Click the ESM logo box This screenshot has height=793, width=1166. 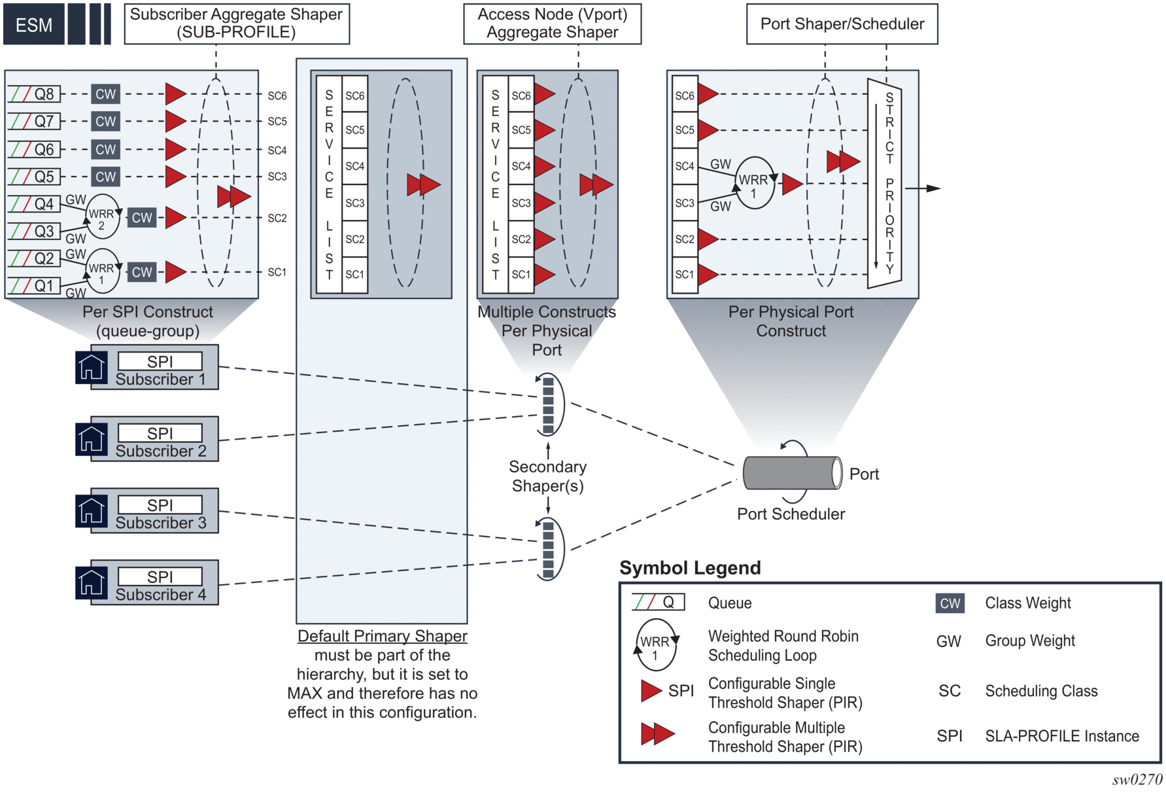(34, 25)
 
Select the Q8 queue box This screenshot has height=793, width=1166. (35, 94)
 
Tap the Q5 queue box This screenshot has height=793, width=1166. (35, 177)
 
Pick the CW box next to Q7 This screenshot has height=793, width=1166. (105, 121)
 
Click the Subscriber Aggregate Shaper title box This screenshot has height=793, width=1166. (237, 24)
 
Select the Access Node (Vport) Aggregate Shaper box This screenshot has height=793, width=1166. (552, 24)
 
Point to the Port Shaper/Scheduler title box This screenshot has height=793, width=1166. (842, 24)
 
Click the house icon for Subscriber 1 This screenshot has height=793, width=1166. (91, 367)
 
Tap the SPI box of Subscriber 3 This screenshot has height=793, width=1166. (160, 505)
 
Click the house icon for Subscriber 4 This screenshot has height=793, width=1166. (91, 582)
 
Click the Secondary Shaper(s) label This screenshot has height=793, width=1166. (547, 476)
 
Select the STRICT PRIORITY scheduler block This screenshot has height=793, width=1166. (885, 183)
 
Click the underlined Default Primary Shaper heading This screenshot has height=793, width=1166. (382, 636)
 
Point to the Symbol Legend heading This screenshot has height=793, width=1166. (690, 568)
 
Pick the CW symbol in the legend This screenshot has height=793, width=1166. (950, 603)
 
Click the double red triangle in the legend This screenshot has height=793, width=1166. (657, 734)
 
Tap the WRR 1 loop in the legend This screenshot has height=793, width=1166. (655, 646)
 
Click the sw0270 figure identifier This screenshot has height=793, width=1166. (1137, 779)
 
